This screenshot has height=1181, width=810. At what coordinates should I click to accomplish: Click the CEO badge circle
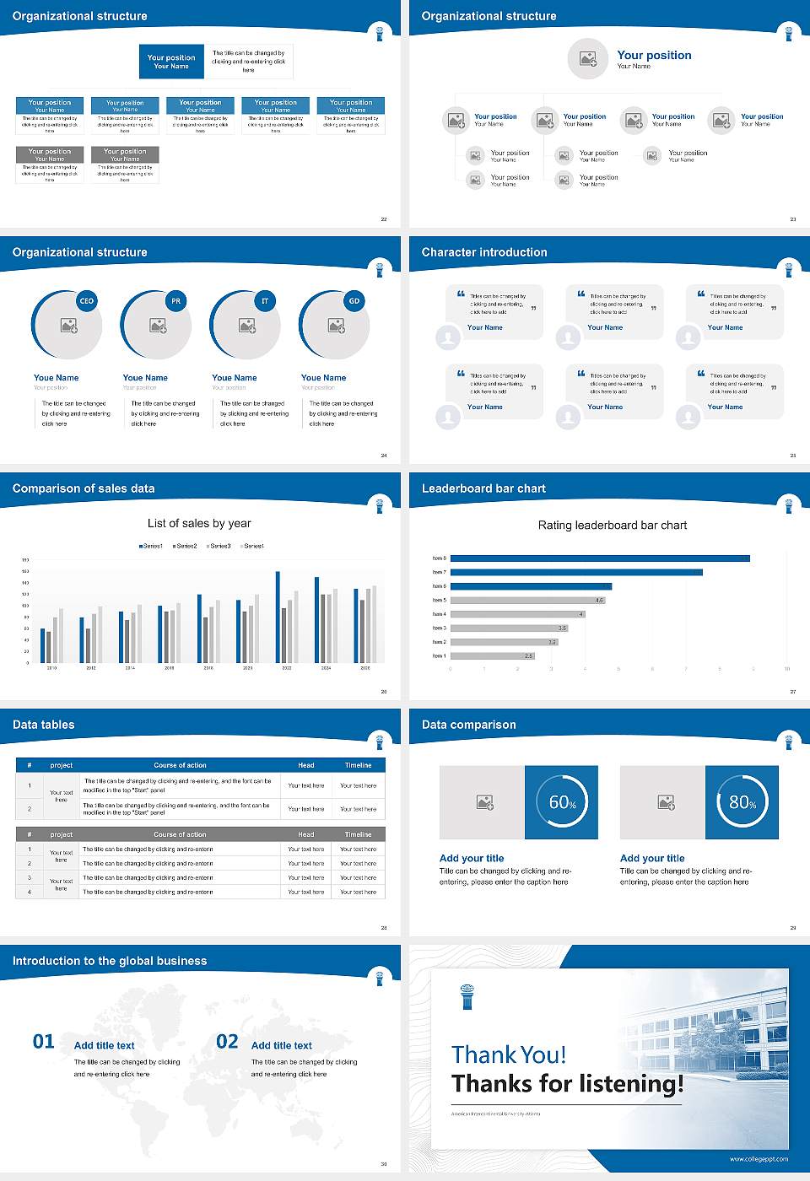pos(87,301)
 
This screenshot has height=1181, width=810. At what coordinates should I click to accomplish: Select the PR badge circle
pos(175,301)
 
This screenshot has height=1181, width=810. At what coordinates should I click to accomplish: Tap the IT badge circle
pos(265,301)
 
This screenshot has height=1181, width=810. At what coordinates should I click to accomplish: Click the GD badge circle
pos(354,301)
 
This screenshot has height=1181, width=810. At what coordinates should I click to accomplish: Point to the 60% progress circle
pos(562,802)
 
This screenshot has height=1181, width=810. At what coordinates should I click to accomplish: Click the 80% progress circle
pos(742,802)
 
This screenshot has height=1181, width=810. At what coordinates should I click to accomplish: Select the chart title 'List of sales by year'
pos(199,524)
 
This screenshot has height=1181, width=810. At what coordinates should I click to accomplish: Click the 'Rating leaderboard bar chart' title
pos(612,526)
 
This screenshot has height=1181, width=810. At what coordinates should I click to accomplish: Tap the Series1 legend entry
pos(151,547)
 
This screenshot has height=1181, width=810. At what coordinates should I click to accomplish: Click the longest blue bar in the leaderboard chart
pos(600,558)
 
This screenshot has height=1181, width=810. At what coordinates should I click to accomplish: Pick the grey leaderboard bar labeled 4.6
pos(527,601)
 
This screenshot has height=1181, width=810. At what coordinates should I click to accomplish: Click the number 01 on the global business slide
pos(43,1042)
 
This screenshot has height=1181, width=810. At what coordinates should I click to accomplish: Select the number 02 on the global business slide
pos(227,1042)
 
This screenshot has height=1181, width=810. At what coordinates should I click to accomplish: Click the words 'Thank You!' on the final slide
pos(509,1055)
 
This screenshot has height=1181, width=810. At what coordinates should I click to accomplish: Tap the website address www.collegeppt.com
pos(759,1159)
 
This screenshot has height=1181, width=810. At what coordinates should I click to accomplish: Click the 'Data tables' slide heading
pos(44,725)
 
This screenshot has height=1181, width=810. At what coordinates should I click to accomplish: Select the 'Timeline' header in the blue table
pos(358,765)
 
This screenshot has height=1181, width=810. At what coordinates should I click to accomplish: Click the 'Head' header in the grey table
pos(305,834)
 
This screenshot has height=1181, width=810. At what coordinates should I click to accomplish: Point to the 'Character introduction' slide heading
pos(484,252)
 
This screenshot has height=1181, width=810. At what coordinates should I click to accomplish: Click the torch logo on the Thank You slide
pos(467,996)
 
